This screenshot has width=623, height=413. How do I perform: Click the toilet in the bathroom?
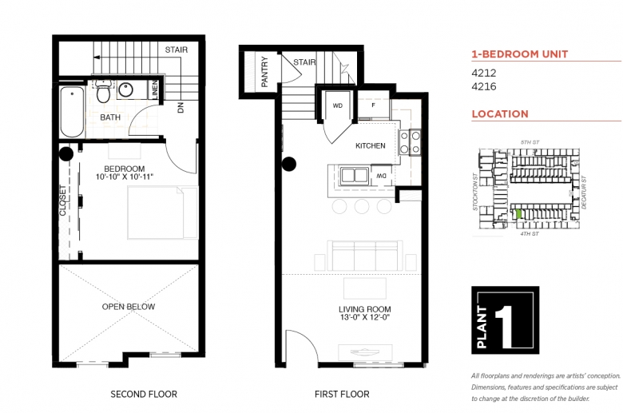[x=103, y=90]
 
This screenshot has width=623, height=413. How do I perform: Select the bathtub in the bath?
[x=72, y=112]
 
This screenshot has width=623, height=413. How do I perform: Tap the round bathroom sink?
[x=125, y=89]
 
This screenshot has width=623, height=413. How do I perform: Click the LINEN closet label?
[x=155, y=89]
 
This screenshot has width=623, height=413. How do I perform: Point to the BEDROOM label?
[x=125, y=169]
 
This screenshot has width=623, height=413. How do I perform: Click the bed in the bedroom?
[x=162, y=212]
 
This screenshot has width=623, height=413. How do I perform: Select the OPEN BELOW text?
[x=129, y=307]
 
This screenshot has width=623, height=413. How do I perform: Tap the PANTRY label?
[x=264, y=72]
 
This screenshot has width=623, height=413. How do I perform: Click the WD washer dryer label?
[x=337, y=105]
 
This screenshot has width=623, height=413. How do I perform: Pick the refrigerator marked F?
[x=373, y=105]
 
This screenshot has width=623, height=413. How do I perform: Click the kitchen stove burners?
[x=410, y=142]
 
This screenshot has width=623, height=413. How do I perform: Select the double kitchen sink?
[x=354, y=175]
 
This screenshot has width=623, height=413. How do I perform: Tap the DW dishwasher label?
[x=382, y=176]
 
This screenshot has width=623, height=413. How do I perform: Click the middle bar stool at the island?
[x=362, y=207]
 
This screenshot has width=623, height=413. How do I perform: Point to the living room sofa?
[x=365, y=256]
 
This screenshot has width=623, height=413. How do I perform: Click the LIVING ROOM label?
[x=365, y=309]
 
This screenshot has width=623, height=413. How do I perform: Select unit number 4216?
[x=483, y=86]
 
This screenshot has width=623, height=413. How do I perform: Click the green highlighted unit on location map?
[x=518, y=214]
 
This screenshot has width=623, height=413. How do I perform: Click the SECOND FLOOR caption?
[x=144, y=394]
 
